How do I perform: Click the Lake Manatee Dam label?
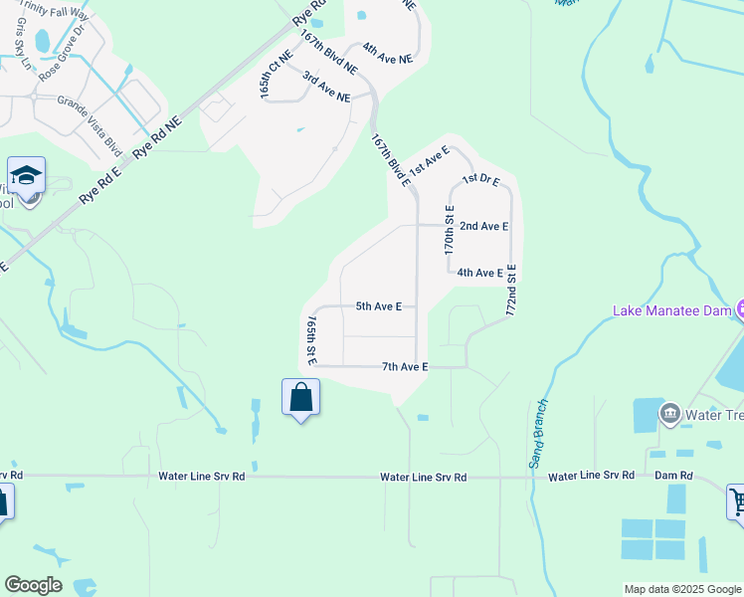coord(672,310)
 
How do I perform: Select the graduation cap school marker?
coord(26,176)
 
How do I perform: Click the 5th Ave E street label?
coord(379,306)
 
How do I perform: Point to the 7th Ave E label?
coord(405,367)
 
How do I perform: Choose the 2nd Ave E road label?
coord(483,226)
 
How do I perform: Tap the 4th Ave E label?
coord(479,273)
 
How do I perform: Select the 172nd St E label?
coord(512,289)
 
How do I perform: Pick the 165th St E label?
coord(311,341)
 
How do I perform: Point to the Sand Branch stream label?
coord(538,433)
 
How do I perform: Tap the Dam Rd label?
coord(673,476)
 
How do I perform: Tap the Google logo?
coord(33,585)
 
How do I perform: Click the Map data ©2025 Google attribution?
coord(682,589)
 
